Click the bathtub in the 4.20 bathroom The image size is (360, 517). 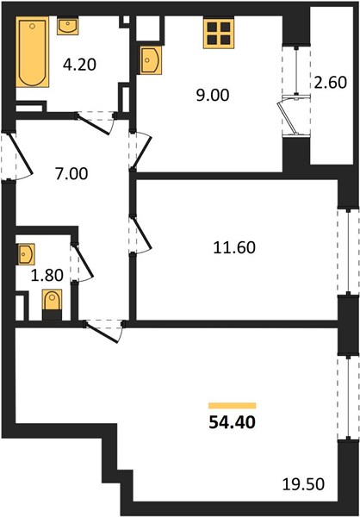(33, 52)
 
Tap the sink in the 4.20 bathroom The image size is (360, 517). (67, 27)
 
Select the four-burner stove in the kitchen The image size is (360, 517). (219, 34)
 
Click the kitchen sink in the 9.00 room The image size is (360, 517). (151, 60)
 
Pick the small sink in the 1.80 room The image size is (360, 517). (26, 254)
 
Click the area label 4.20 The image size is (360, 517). (79, 65)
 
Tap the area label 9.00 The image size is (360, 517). (213, 96)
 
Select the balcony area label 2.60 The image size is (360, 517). (330, 83)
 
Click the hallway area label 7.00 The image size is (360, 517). (71, 174)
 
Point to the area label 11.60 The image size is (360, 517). (234, 247)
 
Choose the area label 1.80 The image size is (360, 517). (47, 275)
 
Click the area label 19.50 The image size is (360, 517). (304, 484)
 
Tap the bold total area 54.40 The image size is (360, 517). (233, 422)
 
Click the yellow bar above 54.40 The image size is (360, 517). (233, 406)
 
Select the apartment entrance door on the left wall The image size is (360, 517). (17, 156)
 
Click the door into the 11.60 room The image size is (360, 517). (140, 234)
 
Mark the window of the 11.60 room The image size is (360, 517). (348, 252)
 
